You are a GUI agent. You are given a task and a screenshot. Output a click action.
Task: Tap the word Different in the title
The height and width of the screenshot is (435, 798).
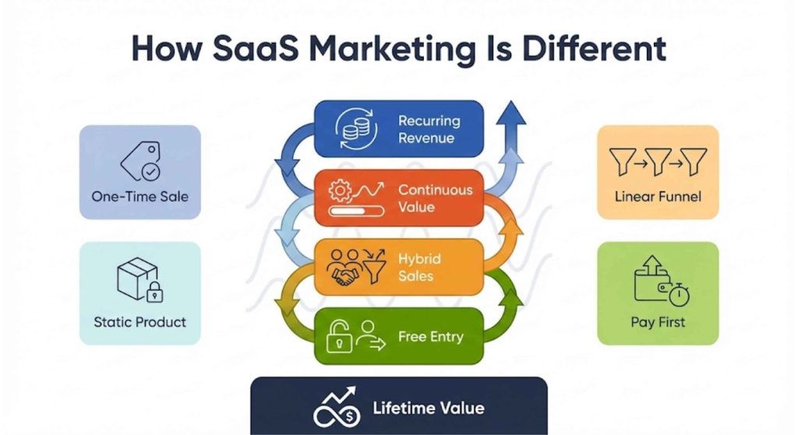click(593, 48)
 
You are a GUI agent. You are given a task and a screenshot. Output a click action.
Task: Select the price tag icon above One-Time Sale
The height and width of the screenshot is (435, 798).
click(140, 161)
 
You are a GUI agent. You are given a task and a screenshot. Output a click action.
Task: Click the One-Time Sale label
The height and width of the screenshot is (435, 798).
click(140, 196)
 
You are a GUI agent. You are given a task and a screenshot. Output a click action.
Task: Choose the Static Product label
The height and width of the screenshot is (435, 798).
click(140, 321)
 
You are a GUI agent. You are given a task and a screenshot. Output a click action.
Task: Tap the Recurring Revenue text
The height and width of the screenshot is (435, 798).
click(429, 129)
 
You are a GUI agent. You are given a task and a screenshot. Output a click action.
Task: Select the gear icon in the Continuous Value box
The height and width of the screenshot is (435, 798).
click(341, 190)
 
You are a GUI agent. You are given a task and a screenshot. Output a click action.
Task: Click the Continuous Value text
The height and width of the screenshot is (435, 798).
click(435, 198)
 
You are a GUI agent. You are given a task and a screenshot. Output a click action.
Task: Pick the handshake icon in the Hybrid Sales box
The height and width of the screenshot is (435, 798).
click(344, 270)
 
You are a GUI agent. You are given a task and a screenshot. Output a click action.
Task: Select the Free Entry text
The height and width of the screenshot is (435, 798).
click(430, 337)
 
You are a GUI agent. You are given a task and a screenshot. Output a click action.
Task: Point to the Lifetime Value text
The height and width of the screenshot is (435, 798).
click(428, 408)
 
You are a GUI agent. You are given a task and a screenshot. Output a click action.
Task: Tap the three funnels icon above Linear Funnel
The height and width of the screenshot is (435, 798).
click(659, 162)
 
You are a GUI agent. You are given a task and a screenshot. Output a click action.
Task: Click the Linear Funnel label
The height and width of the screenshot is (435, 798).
click(658, 196)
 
